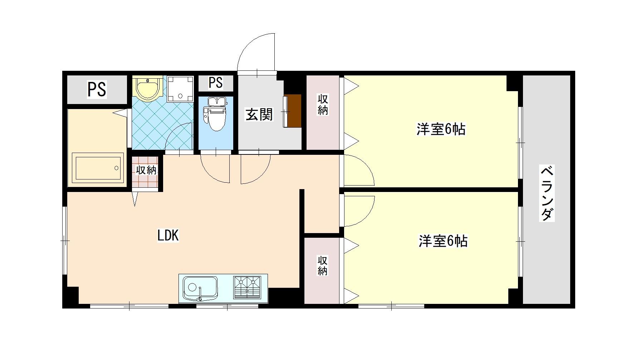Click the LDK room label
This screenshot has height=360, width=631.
[168, 236]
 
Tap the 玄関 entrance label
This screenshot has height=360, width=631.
[259, 114]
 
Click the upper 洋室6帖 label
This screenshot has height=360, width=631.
[441, 129]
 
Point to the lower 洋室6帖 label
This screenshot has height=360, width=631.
[443, 241]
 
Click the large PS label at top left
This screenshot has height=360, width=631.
[97, 89]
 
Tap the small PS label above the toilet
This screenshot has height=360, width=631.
[216, 83]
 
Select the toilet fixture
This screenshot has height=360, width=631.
[216, 113]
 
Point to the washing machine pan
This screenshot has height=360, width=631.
[180, 88]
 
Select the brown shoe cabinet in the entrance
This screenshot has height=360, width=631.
[293, 110]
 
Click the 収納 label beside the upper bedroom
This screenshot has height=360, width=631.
[323, 105]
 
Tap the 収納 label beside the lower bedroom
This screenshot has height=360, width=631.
[322, 265]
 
